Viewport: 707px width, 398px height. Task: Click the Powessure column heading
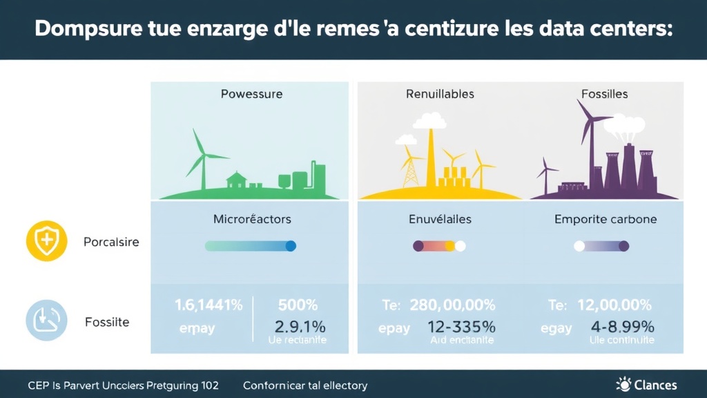[251, 94]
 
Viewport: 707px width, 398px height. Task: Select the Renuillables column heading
[440, 94]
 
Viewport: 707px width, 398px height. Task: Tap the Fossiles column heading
[605, 94]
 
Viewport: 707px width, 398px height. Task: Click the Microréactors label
[252, 219]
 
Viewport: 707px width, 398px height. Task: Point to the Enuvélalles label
[440, 219]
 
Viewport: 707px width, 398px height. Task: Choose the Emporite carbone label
[606, 219]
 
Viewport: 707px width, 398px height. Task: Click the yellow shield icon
[46, 242]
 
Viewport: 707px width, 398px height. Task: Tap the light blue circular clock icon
[46, 321]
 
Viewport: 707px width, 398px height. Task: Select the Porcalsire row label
[111, 243]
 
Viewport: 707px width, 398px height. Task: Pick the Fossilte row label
[107, 322]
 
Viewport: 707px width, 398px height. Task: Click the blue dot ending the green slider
[291, 245]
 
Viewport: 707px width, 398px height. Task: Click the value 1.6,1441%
[209, 305]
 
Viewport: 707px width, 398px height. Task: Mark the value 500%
[297, 305]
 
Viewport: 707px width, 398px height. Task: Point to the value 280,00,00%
[452, 305]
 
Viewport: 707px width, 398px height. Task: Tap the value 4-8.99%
[619, 327]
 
